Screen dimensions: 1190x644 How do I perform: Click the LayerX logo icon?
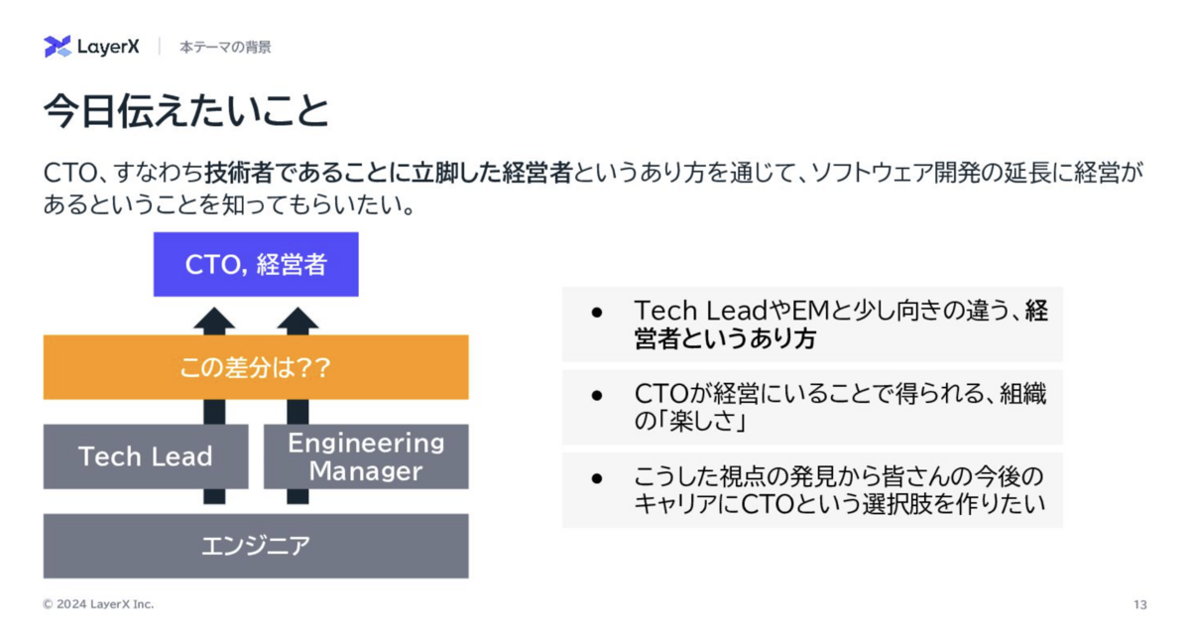[x=57, y=47]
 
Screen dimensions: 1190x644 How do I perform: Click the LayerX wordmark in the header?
[x=108, y=47]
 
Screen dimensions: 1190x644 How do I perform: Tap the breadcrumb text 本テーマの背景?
[x=225, y=48]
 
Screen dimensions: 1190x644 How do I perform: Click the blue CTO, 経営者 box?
[x=256, y=264]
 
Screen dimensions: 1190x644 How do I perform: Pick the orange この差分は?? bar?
[x=256, y=367]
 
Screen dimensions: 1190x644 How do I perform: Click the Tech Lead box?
[x=146, y=456]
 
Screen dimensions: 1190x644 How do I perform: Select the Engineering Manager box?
[x=366, y=456]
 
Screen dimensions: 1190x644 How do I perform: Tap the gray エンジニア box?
[x=256, y=546]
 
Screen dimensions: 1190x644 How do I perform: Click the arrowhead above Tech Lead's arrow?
[x=214, y=321]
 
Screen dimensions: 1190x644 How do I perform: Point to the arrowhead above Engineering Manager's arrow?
[x=298, y=321]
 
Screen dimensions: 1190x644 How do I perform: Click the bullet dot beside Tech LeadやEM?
[x=597, y=313]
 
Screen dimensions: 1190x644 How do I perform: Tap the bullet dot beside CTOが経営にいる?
[x=597, y=396]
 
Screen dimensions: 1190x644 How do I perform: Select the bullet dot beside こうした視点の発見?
[x=597, y=478]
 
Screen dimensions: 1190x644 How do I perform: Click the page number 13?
[x=1140, y=604]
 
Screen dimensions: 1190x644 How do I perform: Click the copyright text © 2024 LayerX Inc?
[x=98, y=604]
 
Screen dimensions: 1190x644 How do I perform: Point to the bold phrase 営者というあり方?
[x=725, y=338]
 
